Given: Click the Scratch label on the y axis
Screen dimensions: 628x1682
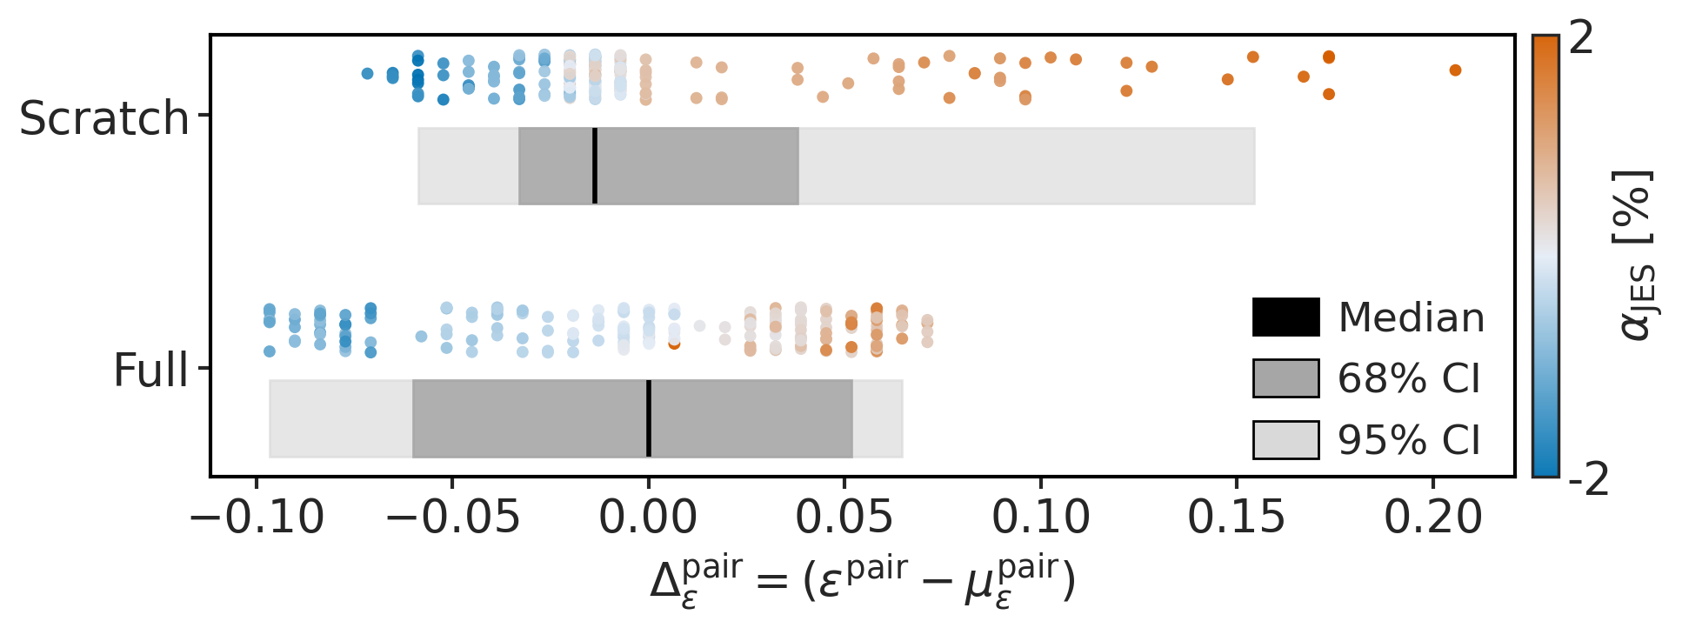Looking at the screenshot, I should (x=103, y=118).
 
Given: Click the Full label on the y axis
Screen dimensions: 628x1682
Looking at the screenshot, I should (x=150, y=371).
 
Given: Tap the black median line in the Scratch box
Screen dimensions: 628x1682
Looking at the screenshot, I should (x=595, y=166).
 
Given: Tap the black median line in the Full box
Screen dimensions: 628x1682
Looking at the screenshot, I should (x=649, y=418).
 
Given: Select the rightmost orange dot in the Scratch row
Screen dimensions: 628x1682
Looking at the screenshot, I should (x=1455, y=70).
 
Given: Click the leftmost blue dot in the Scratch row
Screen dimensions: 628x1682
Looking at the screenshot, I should (x=367, y=74).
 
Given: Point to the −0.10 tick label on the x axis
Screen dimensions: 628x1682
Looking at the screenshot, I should (x=257, y=518).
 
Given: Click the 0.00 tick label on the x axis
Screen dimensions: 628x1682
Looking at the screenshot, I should (x=648, y=518).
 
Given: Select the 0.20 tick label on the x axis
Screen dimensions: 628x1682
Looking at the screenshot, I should (x=1432, y=518).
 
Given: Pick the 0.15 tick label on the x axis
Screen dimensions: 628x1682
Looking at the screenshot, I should (x=1236, y=518).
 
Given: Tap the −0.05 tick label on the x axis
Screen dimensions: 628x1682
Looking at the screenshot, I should (x=452, y=518).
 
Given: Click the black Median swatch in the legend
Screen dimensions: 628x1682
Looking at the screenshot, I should (x=1285, y=317).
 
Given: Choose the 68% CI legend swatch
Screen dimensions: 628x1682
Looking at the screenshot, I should (x=1285, y=378).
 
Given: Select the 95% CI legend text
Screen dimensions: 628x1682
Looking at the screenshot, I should (x=1408, y=440).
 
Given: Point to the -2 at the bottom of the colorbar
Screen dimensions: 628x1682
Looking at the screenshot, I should (x=1588, y=480).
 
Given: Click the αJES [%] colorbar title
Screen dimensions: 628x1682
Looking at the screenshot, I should (x=1637, y=254).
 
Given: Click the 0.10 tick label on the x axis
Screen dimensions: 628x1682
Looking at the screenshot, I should (x=1040, y=518).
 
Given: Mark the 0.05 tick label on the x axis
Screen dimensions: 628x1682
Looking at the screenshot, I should (x=844, y=518).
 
